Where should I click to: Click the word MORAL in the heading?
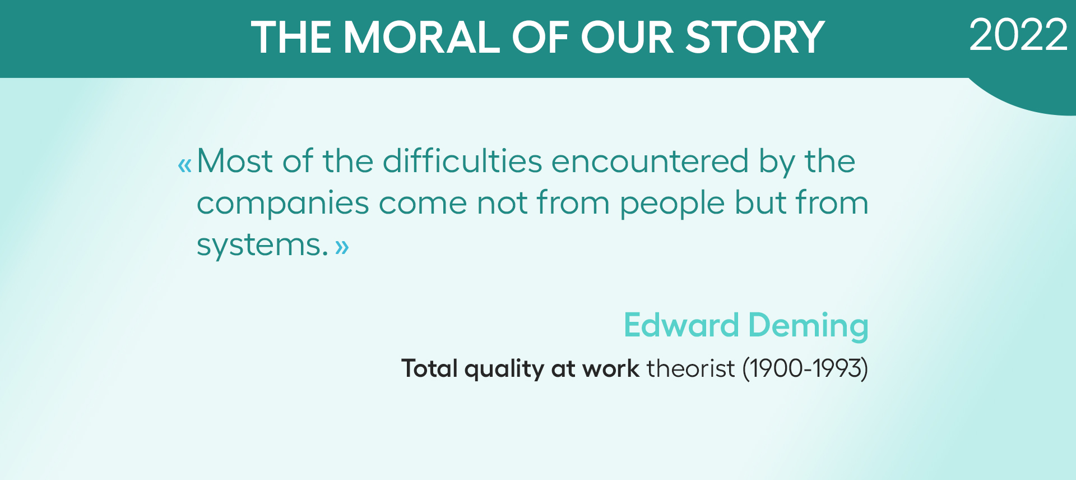(421, 38)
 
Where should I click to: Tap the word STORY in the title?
(755, 38)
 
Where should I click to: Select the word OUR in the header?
(627, 38)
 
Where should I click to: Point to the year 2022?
(1018, 35)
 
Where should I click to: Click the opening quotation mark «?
(184, 165)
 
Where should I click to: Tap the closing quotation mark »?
(342, 247)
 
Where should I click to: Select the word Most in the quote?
(234, 161)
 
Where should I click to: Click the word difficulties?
(462, 161)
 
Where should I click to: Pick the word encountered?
(650, 161)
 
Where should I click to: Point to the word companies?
(282, 203)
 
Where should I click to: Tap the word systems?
(262, 245)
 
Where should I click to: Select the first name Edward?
(681, 325)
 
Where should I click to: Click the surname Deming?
(808, 326)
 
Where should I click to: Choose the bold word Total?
(430, 368)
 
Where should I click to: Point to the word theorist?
(690, 368)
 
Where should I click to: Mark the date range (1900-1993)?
(805, 369)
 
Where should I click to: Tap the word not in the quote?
(502, 203)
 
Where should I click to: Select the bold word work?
(611, 368)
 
